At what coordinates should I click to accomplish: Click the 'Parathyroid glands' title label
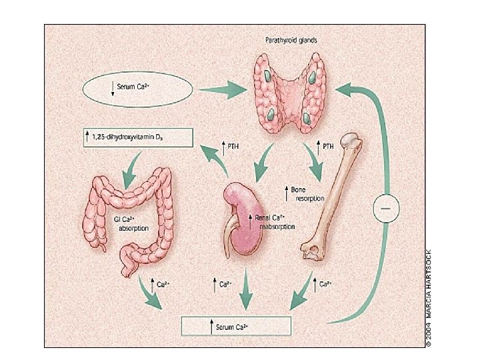[287, 39]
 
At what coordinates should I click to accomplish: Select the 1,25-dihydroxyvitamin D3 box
[137, 138]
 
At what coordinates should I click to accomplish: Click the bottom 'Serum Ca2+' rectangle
[237, 326]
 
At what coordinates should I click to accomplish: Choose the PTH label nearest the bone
[327, 145]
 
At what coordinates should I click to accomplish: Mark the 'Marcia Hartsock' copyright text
[432, 296]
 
